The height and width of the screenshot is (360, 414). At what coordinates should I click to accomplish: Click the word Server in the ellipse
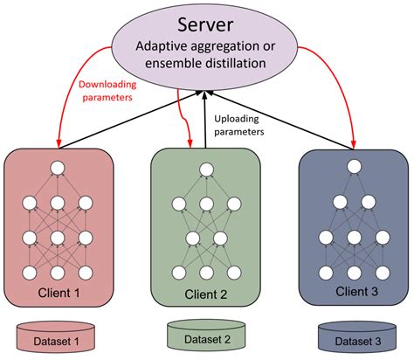click(206, 24)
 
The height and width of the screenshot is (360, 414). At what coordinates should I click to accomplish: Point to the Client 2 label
click(207, 294)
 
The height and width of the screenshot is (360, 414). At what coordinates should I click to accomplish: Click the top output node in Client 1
click(59, 168)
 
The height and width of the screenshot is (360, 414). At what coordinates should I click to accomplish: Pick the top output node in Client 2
click(206, 168)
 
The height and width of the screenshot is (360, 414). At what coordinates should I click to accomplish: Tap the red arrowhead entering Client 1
click(59, 142)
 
